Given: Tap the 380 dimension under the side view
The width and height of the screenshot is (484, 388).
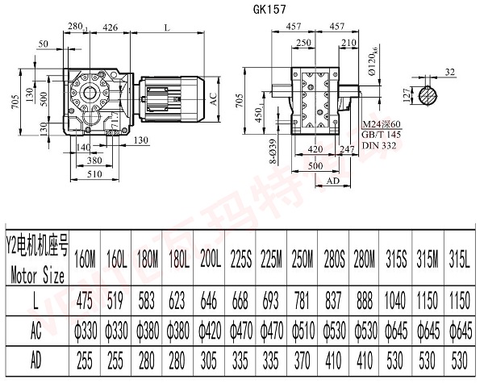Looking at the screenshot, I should point(94,160).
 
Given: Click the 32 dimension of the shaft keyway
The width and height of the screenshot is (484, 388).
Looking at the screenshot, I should point(451,73).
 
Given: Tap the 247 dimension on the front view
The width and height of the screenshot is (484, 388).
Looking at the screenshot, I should point(349,149).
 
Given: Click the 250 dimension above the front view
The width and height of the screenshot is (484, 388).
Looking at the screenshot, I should point(302,42).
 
